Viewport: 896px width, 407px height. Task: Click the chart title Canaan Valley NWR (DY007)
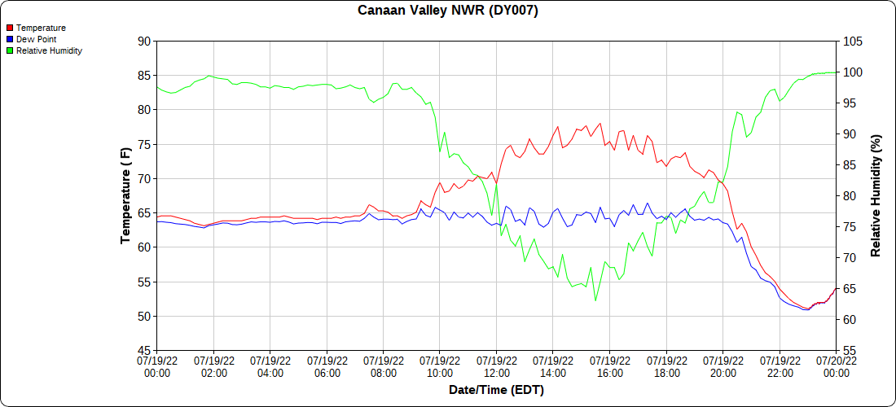tap(448, 11)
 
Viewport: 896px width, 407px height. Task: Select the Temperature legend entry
tap(41, 28)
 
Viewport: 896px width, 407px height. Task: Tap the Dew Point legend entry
tap(36, 39)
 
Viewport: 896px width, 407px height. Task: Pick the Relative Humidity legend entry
tap(49, 50)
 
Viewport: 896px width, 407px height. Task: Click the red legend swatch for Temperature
tap(10, 28)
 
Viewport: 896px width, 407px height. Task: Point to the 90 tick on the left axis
tap(143, 41)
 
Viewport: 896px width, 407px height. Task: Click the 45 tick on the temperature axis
tap(143, 351)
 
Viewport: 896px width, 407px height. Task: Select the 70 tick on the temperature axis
tap(143, 178)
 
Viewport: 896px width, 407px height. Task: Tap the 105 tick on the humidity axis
tap(853, 41)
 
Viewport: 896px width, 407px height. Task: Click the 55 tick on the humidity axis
tap(850, 351)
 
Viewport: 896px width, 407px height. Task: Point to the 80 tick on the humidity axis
tap(850, 196)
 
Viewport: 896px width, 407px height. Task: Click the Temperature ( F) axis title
tap(125, 195)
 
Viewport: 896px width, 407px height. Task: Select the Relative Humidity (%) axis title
tap(876, 195)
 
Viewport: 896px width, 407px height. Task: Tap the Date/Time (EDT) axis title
tap(496, 390)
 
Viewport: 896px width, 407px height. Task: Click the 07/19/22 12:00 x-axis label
tap(496, 366)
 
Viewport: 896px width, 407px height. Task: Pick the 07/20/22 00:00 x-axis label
tap(836, 366)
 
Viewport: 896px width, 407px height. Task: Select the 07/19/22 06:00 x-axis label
tap(327, 366)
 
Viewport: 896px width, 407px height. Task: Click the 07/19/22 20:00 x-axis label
tap(723, 366)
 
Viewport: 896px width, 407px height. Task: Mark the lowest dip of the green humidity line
tap(595, 300)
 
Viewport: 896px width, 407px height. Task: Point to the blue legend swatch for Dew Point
tap(10, 39)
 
